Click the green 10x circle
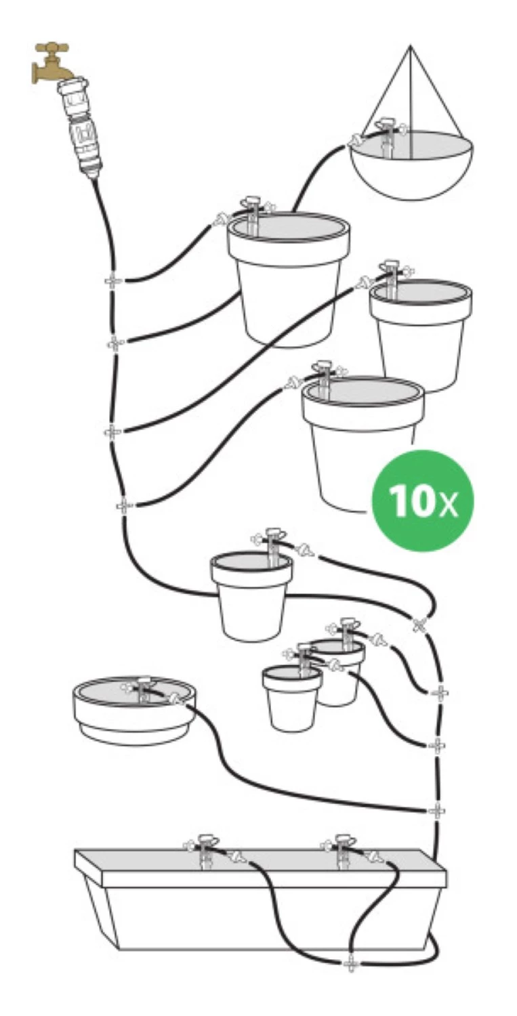pyautogui.click(x=422, y=501)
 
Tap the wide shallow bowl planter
pyautogui.click(x=135, y=711)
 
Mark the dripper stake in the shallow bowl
pyautogui.click(x=144, y=689)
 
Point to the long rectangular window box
pyautogui.click(x=261, y=893)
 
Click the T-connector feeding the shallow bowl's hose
pyautogui.click(x=436, y=810)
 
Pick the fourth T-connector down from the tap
pyautogui.click(x=123, y=505)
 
